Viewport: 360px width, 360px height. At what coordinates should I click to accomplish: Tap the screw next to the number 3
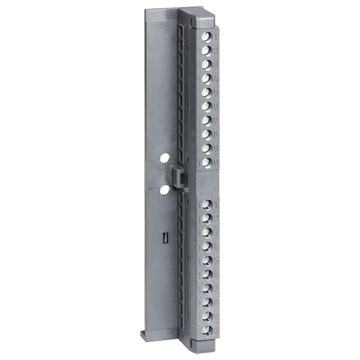click(206, 65)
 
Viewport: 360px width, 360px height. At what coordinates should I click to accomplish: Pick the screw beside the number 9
click(206, 148)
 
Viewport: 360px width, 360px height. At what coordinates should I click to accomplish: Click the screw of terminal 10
click(206, 162)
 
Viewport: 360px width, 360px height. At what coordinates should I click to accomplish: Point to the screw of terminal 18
click(206, 302)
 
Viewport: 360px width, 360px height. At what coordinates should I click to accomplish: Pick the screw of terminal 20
click(206, 330)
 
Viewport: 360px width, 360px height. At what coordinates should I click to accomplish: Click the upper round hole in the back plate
click(163, 160)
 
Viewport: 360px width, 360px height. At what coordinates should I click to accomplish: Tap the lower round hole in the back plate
click(163, 190)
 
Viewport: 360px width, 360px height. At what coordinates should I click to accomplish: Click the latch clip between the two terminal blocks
click(178, 178)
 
